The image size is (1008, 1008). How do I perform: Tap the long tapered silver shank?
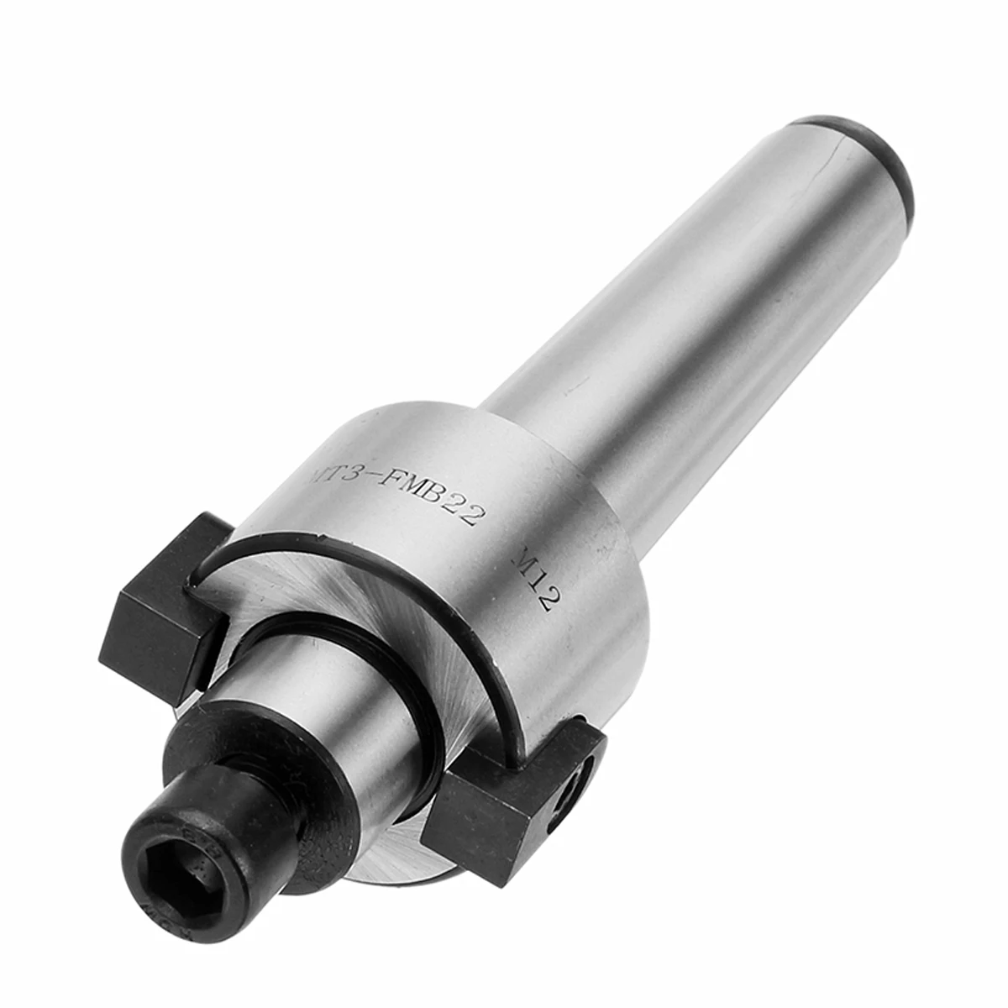tap(672, 294)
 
